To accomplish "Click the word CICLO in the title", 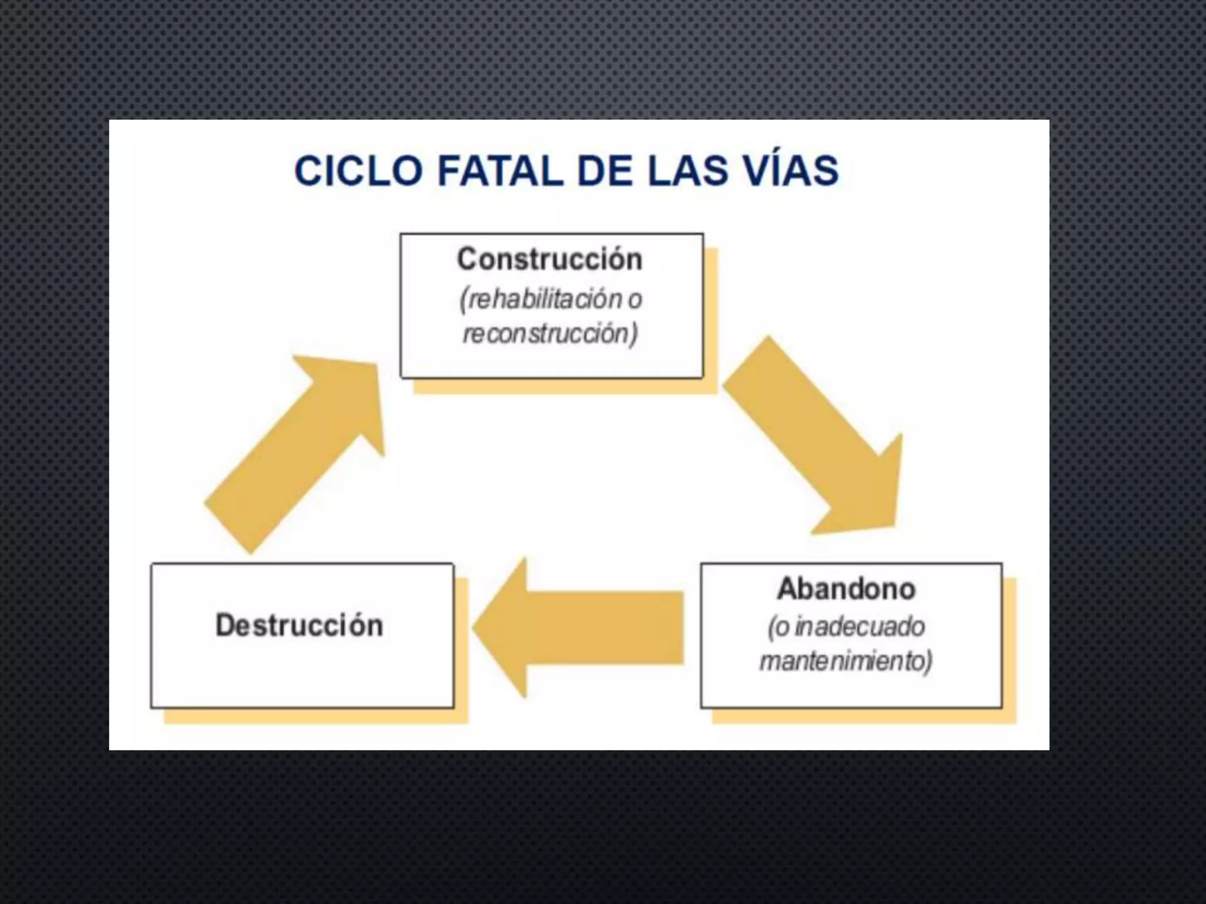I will click(x=358, y=171).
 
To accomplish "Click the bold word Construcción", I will click(x=549, y=260).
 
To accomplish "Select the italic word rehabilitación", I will click(x=541, y=300).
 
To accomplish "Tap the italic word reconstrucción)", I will click(x=550, y=334).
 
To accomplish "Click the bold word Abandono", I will click(x=846, y=589).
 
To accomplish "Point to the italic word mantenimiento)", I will click(x=846, y=661).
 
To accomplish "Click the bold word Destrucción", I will click(x=299, y=626).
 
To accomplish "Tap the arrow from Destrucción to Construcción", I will click(x=294, y=453).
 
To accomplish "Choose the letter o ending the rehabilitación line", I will click(x=634, y=300).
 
